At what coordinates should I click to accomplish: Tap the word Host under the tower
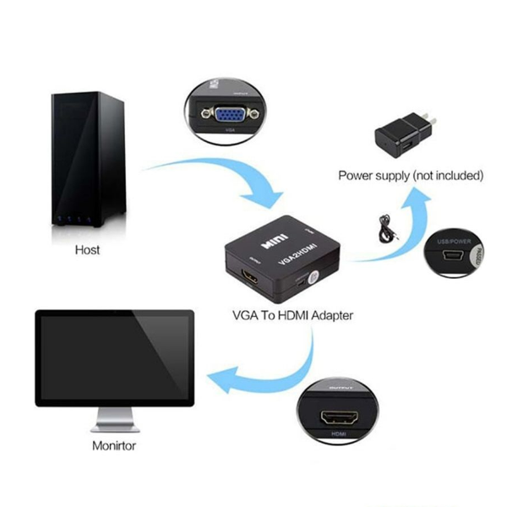pos(87,250)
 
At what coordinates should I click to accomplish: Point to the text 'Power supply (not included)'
pos(411,176)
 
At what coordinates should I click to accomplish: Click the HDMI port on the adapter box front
pos(253,278)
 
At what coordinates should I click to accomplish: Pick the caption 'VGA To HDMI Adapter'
pos(292,315)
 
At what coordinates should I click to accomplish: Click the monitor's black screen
pos(114,356)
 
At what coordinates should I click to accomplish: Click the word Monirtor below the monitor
pos(113,444)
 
